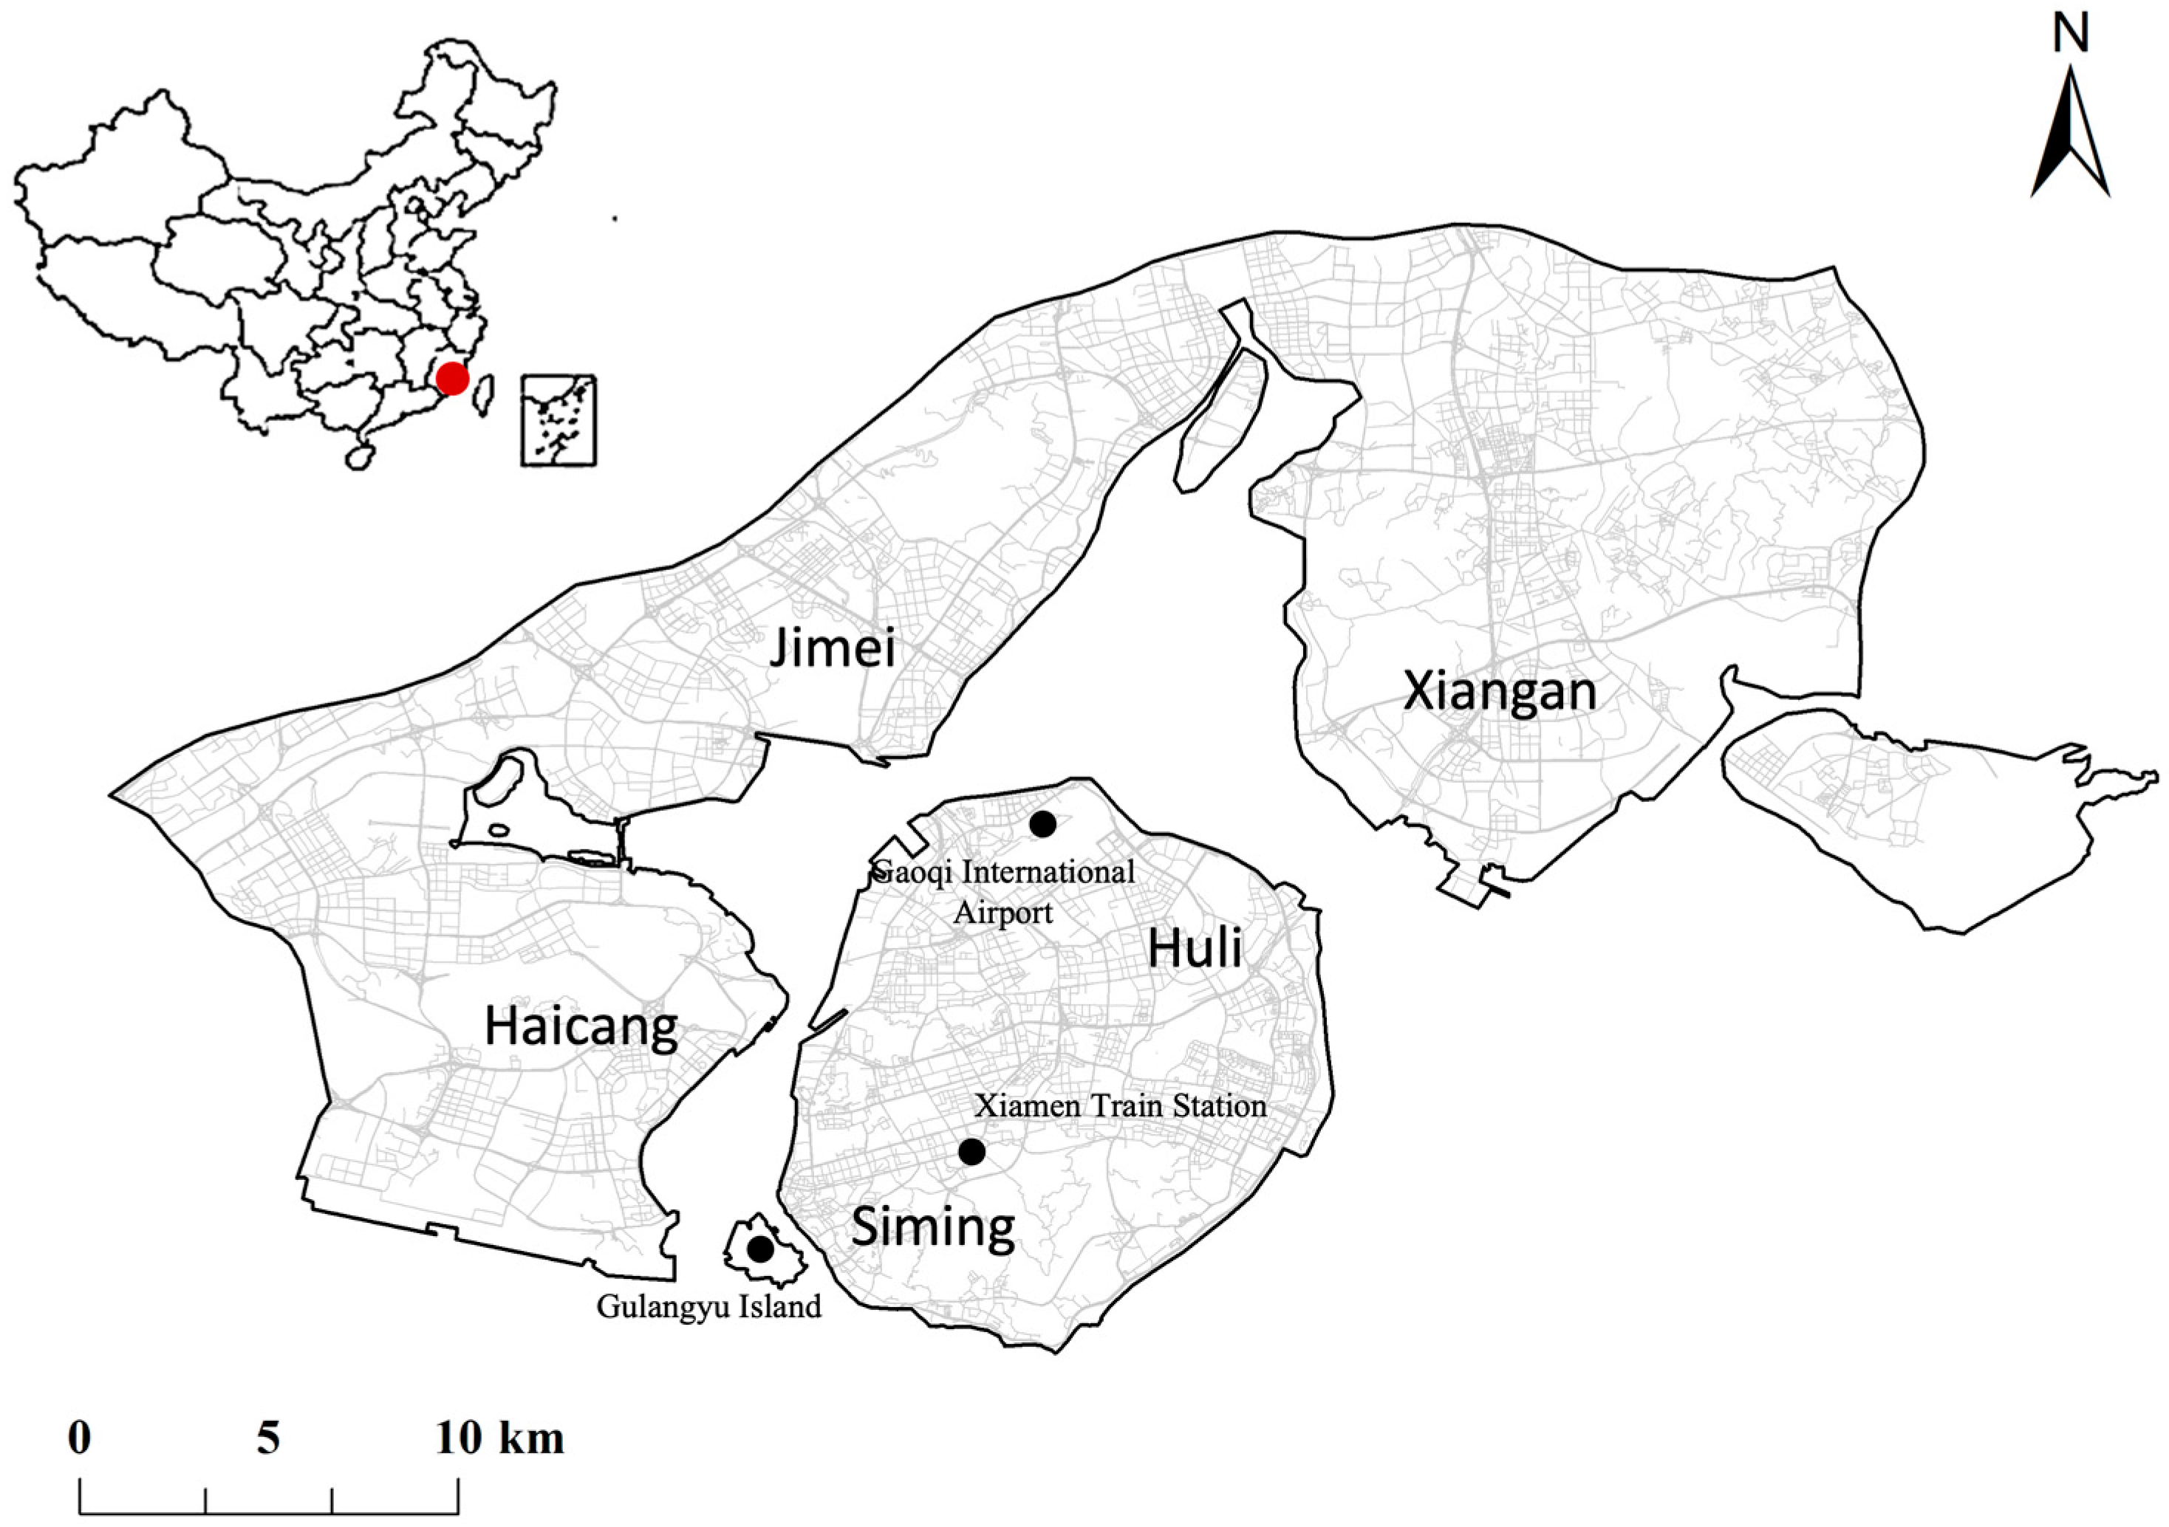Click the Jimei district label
[x=831, y=649]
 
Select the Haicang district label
[x=581, y=1026]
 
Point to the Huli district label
[x=1195, y=948]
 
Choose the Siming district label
[x=933, y=1226]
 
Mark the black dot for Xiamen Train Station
[x=971, y=1152]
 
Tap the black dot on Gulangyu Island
[x=759, y=1249]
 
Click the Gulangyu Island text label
[x=708, y=1307]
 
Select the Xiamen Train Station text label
[x=1121, y=1106]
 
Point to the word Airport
[x=1002, y=913]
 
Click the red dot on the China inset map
[x=453, y=379]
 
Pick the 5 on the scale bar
[x=268, y=1438]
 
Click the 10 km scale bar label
[x=499, y=1438]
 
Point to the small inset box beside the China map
[x=559, y=420]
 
